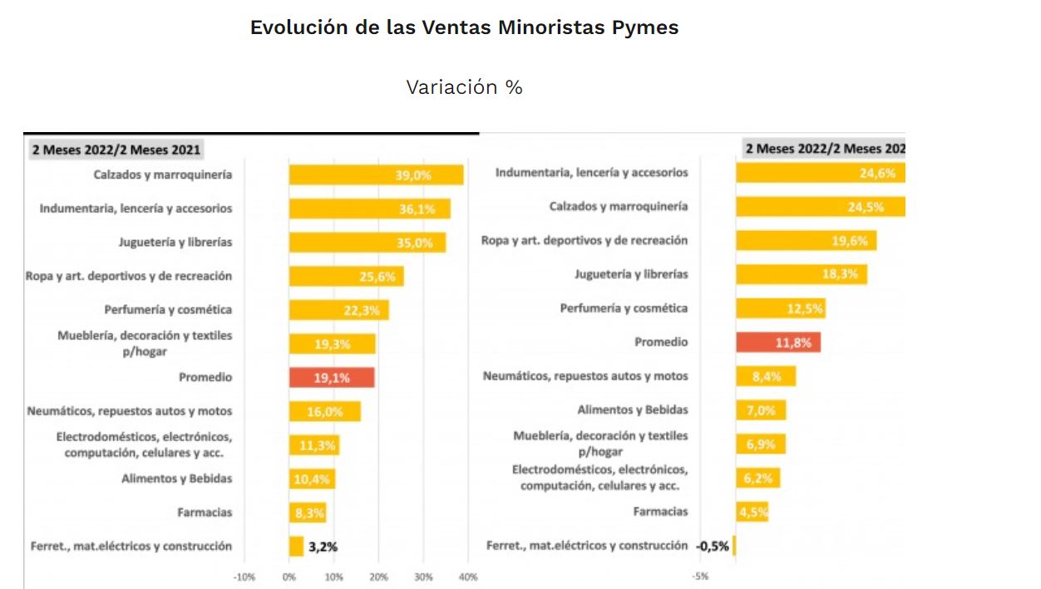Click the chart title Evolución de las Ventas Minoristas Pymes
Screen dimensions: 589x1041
coord(464,27)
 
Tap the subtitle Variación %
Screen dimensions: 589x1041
coord(464,87)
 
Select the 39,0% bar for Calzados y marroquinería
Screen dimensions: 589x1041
coord(376,174)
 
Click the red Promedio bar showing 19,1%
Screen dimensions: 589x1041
coord(331,377)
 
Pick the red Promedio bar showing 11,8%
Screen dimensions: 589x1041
coord(777,341)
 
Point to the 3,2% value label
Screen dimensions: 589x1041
coord(323,547)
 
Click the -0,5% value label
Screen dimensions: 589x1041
coord(712,546)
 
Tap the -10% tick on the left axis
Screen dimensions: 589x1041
coord(244,577)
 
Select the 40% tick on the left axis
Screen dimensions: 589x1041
coord(467,577)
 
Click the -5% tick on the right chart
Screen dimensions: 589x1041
coord(701,577)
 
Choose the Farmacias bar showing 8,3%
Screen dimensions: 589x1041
coord(307,513)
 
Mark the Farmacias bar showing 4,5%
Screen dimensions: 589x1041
coord(752,512)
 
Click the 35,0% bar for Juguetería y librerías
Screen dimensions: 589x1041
coord(367,243)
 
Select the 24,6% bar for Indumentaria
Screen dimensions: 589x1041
coord(820,173)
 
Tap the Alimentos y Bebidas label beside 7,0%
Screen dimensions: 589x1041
coord(633,410)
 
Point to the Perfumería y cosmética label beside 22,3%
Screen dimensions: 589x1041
coord(168,309)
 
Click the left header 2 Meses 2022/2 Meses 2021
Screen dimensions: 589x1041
coord(116,150)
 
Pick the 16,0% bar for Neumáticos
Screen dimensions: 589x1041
coord(324,411)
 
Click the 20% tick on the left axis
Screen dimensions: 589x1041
coord(378,577)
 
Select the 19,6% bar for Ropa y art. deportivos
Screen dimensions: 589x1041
coord(806,240)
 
